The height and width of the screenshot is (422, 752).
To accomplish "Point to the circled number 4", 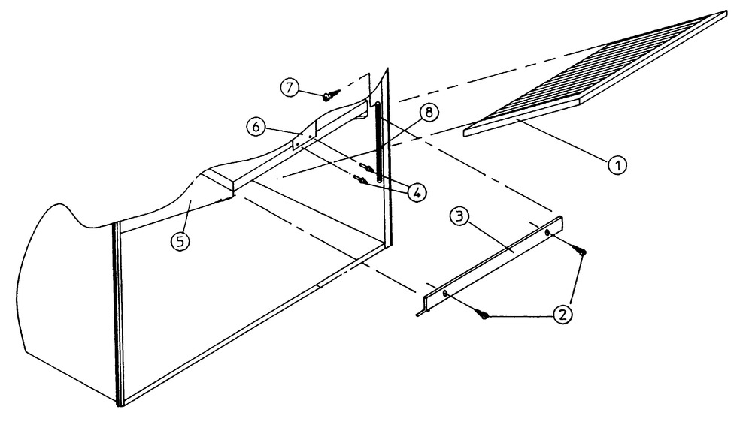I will [416, 192].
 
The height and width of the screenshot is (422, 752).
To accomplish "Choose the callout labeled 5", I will [180, 243].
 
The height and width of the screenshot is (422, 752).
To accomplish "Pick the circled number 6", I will [256, 127].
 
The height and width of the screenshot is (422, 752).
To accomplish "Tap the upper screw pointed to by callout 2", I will [579, 252].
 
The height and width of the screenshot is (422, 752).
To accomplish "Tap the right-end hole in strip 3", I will [547, 233].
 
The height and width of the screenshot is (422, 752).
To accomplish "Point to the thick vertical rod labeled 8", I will [381, 150].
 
